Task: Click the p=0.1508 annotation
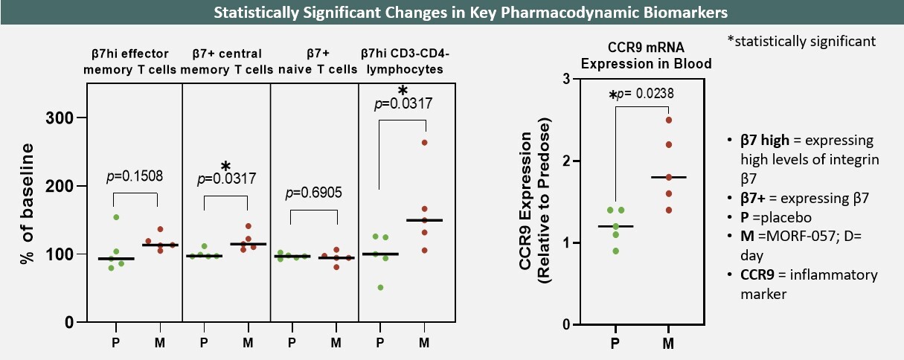click(x=135, y=176)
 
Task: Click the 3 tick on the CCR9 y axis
click(x=566, y=79)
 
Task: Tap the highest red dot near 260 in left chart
click(x=425, y=142)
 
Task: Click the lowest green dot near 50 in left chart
click(x=381, y=287)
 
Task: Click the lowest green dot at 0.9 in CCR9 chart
click(x=615, y=251)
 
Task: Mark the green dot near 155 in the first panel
click(x=116, y=217)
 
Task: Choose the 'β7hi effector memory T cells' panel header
click(x=126, y=62)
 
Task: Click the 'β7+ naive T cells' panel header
click(x=313, y=62)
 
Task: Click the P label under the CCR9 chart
click(x=615, y=344)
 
